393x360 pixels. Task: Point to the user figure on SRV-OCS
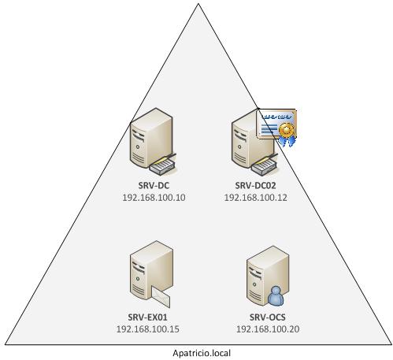pyautogui.click(x=276, y=296)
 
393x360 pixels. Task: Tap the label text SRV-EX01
pyautogui.click(x=150, y=318)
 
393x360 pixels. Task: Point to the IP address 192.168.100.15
pyautogui.click(x=150, y=329)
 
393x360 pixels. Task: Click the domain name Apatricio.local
pyautogui.click(x=202, y=354)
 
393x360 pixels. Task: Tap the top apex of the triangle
pyautogui.click(x=198, y=4)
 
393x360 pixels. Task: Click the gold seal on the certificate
pyautogui.click(x=288, y=129)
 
